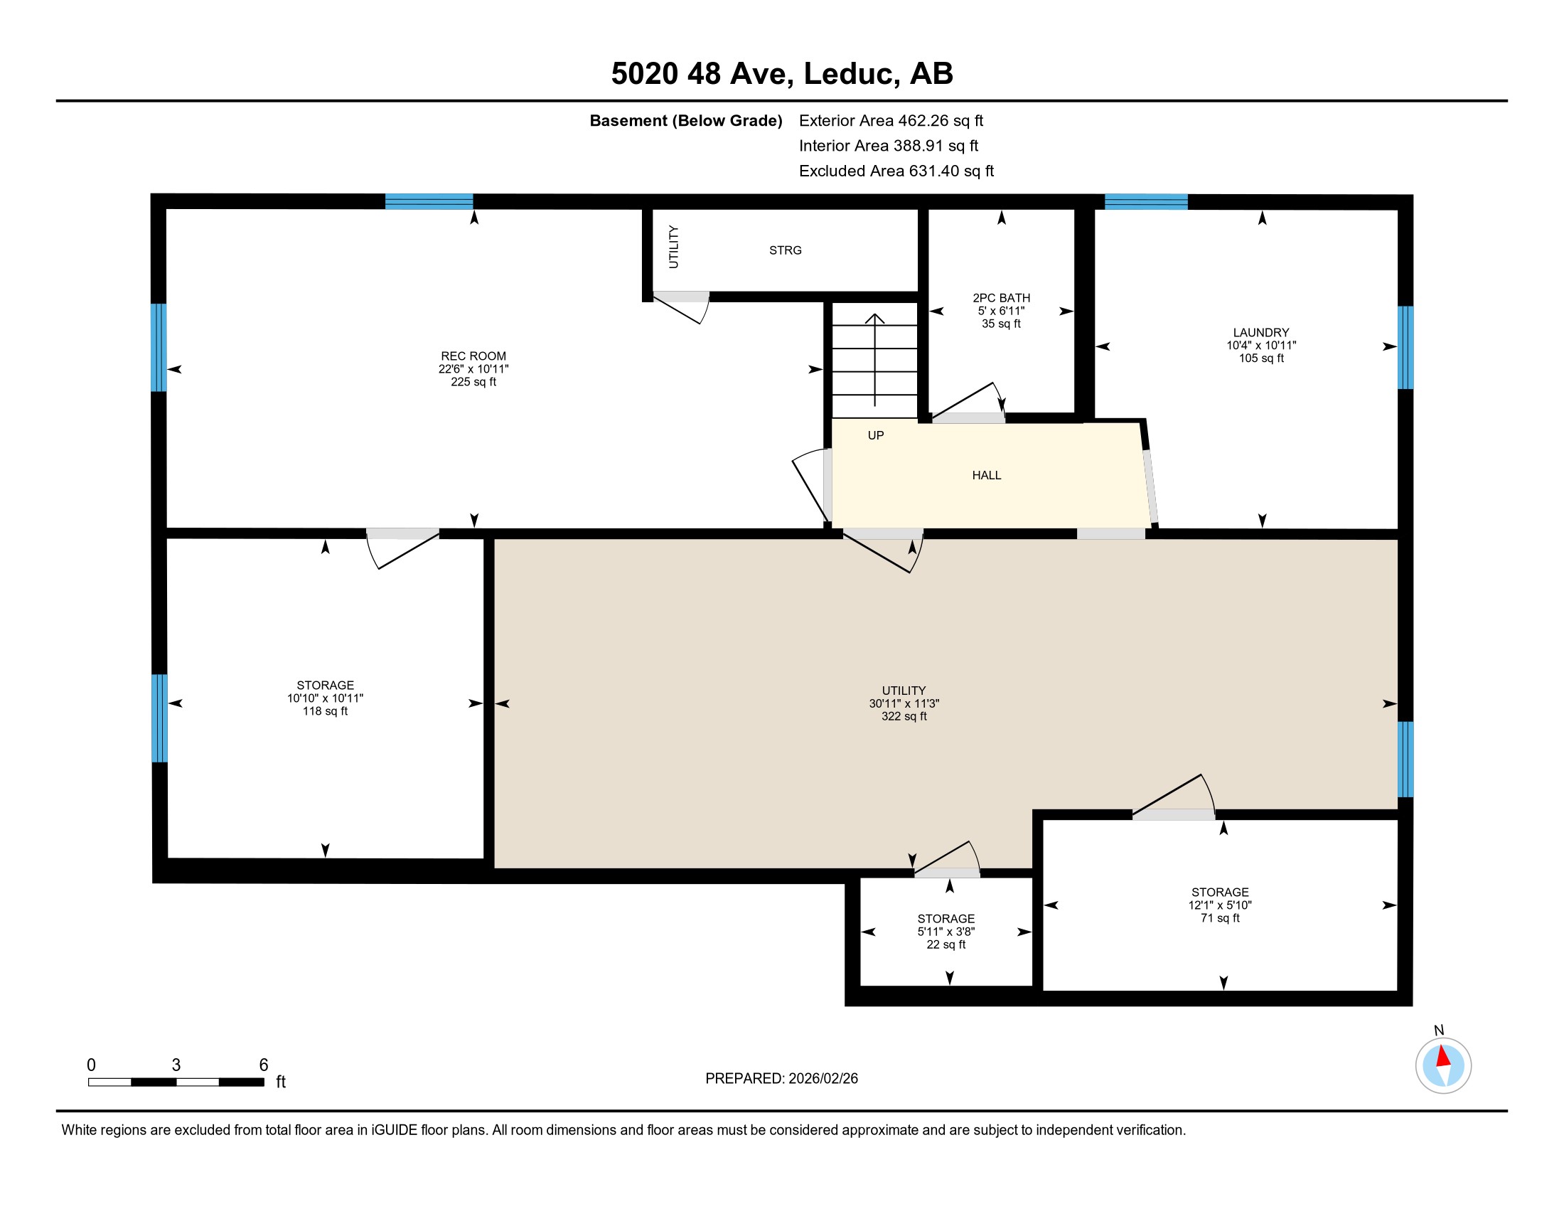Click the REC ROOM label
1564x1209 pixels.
473,356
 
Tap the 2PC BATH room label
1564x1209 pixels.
1001,298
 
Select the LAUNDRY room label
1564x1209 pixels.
1260,332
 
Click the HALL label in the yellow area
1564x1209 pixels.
986,476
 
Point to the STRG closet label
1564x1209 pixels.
785,250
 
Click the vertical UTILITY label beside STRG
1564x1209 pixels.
673,247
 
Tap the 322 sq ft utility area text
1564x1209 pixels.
904,716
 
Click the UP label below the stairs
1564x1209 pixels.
875,435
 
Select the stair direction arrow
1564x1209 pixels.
874,358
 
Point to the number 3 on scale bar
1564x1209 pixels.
176,1065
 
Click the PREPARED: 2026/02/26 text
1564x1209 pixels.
781,1079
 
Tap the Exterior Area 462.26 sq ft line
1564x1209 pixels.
891,121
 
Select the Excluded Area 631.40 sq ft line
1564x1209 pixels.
896,171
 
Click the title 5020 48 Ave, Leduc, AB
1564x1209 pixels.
782,74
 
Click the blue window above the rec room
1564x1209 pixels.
429,201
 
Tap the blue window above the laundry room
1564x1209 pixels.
1146,201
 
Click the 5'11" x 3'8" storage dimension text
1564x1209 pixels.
946,932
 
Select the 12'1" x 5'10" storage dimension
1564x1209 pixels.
1219,905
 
